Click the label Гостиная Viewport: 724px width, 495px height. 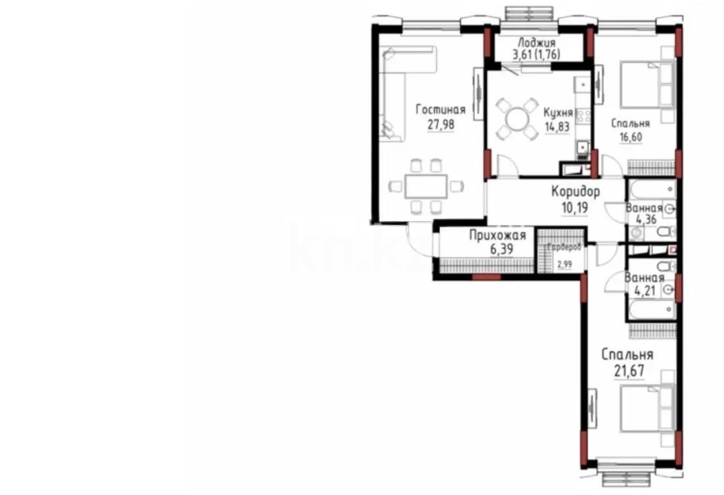coord(440,110)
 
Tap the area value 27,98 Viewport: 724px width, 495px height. coord(440,124)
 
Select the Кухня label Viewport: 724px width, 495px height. coord(558,112)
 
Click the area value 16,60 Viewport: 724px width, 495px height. coord(629,137)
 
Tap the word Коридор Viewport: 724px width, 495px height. coord(576,193)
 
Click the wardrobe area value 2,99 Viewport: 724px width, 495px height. coord(564,265)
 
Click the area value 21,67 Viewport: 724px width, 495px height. coord(627,370)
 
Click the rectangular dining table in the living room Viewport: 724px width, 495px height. coord(425,187)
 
